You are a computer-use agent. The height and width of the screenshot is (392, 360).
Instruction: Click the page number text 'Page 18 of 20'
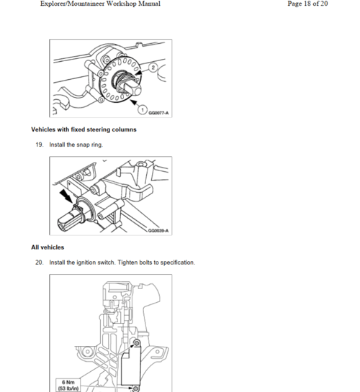(307, 4)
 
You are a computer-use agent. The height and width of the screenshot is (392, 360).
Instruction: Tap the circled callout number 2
(153, 68)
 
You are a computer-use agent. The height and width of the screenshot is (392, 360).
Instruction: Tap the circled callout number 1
(143, 110)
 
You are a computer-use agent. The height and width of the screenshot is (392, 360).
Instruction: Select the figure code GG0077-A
(158, 113)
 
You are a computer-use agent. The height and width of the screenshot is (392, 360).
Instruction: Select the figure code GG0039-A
(158, 230)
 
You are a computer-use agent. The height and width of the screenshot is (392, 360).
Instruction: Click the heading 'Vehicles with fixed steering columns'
(84, 129)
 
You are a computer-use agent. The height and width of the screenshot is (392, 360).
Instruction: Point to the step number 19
(40, 145)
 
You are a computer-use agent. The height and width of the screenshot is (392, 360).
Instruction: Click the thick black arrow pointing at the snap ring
(66, 196)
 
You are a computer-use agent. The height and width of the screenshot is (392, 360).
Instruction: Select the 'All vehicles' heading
(48, 247)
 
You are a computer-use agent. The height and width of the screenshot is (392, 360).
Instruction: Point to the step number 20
(40, 263)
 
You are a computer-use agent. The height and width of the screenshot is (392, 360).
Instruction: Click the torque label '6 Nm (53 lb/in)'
(68, 386)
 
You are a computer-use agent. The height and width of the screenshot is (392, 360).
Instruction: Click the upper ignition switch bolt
(137, 343)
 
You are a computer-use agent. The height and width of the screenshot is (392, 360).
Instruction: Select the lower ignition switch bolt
(135, 388)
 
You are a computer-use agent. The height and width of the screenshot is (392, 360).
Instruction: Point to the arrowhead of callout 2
(138, 73)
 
